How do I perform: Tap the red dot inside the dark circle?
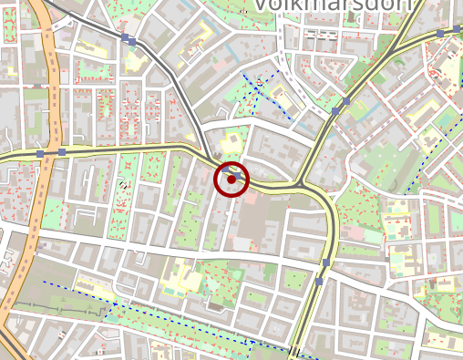tap(231, 179)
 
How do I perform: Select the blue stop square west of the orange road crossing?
tap(39, 154)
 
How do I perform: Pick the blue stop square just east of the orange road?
tap(62, 152)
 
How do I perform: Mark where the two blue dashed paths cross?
tap(252, 339)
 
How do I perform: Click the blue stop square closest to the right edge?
tap(441, 33)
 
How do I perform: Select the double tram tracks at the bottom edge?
tap(294, 352)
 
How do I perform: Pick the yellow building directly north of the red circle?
tap(231, 142)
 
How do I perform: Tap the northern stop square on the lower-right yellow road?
tap(325, 262)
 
